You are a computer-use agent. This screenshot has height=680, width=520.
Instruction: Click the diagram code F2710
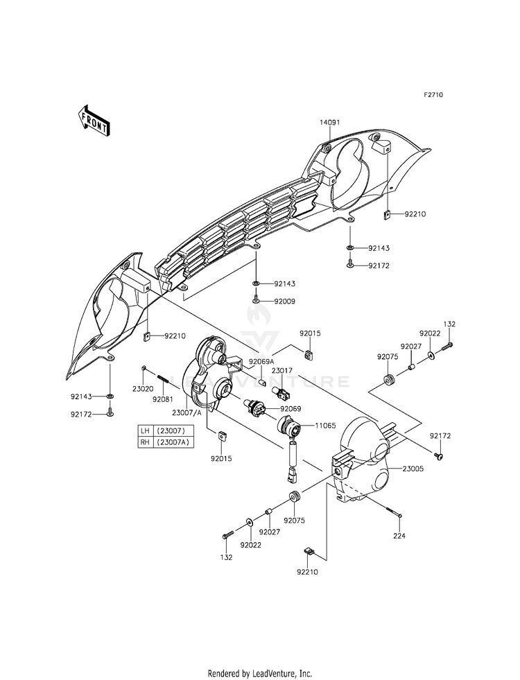click(x=433, y=94)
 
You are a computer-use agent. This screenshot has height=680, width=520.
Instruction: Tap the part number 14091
click(x=329, y=123)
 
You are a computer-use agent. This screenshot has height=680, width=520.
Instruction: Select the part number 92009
click(x=284, y=301)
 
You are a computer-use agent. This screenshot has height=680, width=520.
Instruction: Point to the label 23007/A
click(x=187, y=413)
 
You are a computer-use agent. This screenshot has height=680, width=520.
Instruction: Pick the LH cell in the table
click(x=145, y=431)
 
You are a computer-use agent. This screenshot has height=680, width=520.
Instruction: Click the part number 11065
click(x=325, y=426)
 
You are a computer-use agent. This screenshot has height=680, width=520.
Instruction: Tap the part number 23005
click(x=413, y=469)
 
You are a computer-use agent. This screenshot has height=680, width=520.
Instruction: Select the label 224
click(x=399, y=536)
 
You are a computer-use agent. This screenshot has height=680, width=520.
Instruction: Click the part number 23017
click(x=282, y=371)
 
